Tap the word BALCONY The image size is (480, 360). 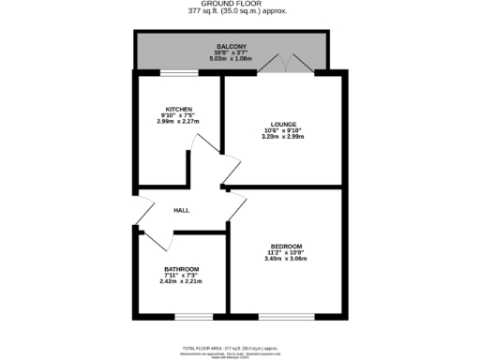(x=231, y=47)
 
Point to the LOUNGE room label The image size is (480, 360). (x=283, y=124)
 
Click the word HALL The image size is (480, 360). (x=181, y=210)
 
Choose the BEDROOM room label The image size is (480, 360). (x=286, y=247)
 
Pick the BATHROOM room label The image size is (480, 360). (x=181, y=268)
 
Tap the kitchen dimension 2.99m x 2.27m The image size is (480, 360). (x=177, y=122)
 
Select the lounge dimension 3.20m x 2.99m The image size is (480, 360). (x=283, y=137)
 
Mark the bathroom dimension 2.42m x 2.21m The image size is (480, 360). (x=181, y=281)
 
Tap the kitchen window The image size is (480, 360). (x=178, y=72)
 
